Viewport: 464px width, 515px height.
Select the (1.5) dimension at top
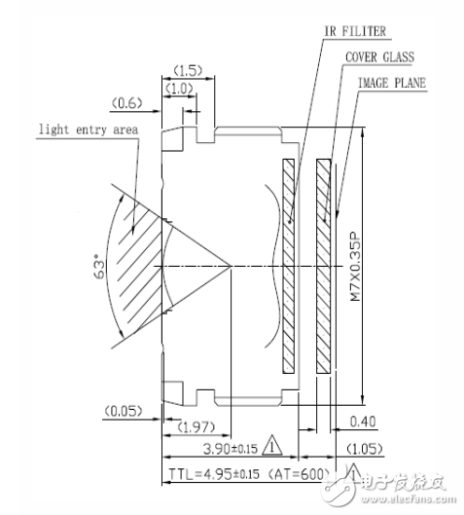(x=188, y=69)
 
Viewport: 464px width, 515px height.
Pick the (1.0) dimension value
(x=179, y=88)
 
